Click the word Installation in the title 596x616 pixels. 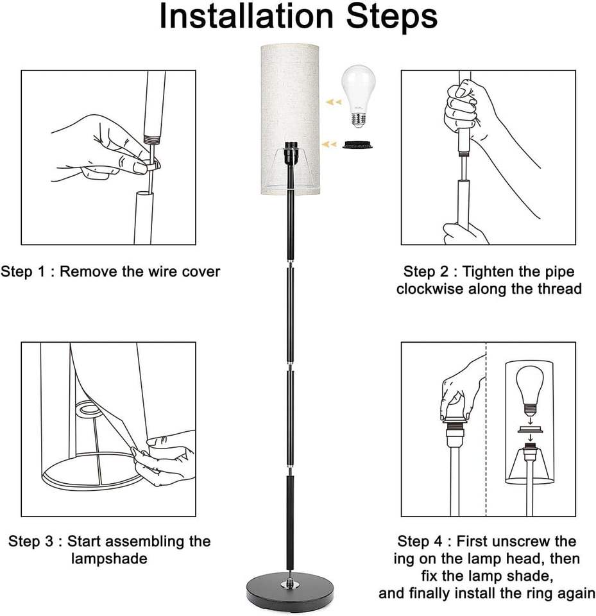[246, 17]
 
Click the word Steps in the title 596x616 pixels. [391, 18]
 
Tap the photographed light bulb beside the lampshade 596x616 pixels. [358, 97]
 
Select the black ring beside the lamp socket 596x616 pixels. [357, 144]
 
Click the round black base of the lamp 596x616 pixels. [290, 588]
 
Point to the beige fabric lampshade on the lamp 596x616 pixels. [289, 120]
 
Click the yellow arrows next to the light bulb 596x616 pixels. [333, 102]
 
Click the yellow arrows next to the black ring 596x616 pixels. [329, 144]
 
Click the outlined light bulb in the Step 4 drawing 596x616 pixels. [531, 391]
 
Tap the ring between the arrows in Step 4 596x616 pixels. [531, 429]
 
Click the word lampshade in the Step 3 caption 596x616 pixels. [109, 559]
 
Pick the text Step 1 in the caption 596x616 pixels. [22, 271]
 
